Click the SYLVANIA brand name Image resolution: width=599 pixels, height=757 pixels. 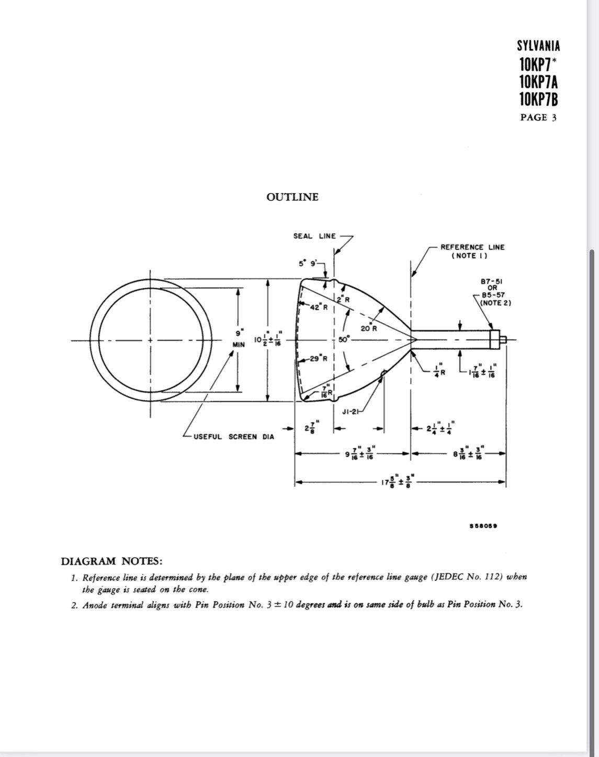point(538,46)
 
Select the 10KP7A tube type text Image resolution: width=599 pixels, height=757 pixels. point(538,82)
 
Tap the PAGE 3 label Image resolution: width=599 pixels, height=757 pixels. point(538,117)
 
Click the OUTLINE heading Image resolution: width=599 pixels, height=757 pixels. point(292,197)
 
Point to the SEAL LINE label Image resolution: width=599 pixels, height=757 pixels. point(315,236)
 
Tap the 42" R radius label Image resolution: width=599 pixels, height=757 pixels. point(319,307)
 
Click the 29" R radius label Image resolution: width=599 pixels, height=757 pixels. point(319,358)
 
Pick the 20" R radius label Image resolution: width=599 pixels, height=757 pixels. point(369,328)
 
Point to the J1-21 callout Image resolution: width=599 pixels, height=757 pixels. point(351,412)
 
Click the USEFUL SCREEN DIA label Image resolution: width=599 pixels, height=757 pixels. point(233,437)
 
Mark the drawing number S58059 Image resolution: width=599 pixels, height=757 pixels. point(483,526)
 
